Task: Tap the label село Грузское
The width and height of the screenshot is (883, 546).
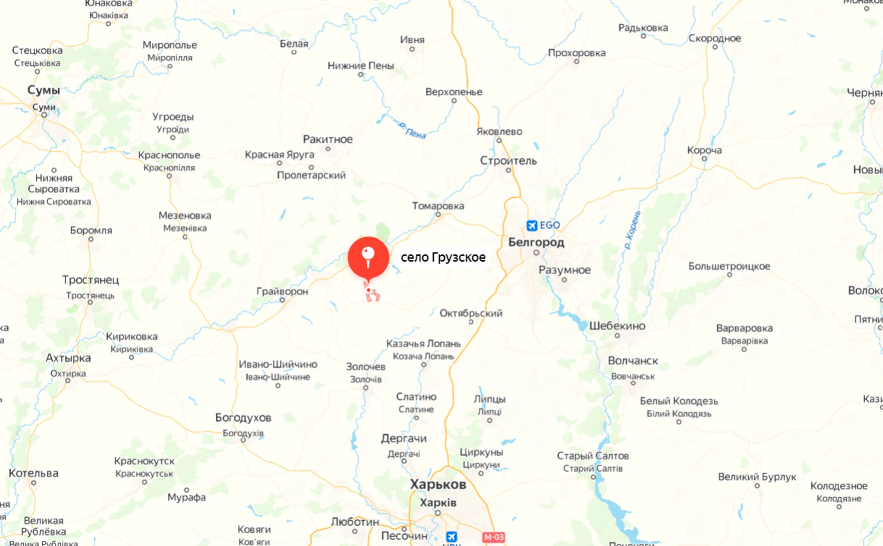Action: [x=442, y=257]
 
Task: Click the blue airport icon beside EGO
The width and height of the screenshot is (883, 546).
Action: [x=532, y=225]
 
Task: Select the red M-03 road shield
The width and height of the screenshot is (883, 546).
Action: [x=493, y=537]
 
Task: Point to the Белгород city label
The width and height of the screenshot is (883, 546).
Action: [x=536, y=242]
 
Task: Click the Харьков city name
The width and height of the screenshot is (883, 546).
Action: [x=438, y=484]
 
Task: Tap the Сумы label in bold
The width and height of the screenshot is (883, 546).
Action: [x=44, y=90]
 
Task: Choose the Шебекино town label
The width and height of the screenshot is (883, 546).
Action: [x=617, y=326]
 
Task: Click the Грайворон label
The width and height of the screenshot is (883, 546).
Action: [x=282, y=291]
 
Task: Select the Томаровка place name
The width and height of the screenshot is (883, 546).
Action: [x=438, y=206]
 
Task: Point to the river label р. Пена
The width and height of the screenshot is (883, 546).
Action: [x=412, y=130]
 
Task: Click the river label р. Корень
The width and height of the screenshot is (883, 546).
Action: [x=632, y=230]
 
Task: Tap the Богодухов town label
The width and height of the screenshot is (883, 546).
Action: [x=243, y=418]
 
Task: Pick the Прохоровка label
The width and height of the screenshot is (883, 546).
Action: [x=576, y=53]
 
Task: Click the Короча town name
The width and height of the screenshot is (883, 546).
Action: [x=704, y=150]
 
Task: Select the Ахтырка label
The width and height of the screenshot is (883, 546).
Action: [x=68, y=358]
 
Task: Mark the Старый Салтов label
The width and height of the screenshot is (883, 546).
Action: [x=592, y=456]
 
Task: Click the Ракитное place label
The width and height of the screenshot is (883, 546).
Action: [x=327, y=139]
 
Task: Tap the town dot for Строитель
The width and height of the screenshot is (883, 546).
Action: [x=508, y=170]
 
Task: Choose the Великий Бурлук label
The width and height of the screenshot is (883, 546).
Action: [x=757, y=477]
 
